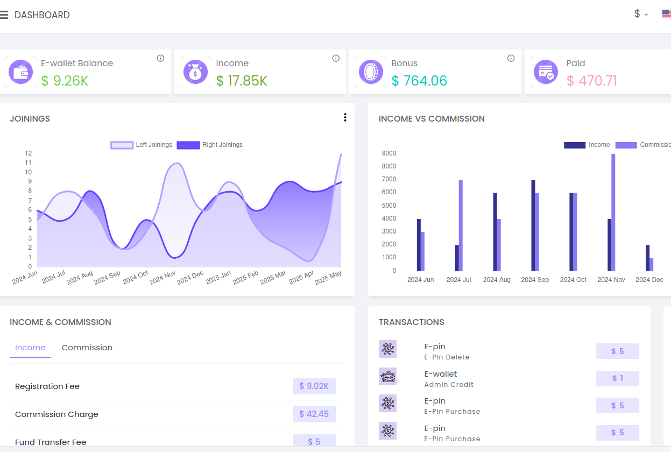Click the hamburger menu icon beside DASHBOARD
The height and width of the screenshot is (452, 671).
pyautogui.click(x=4, y=15)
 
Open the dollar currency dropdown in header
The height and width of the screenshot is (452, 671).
pyautogui.click(x=640, y=14)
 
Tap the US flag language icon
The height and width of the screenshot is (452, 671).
pyautogui.click(x=667, y=15)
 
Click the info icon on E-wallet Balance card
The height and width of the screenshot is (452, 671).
pyautogui.click(x=160, y=58)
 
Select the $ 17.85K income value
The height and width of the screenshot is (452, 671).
pyautogui.click(x=242, y=81)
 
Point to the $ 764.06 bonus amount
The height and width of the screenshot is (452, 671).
pyautogui.click(x=419, y=81)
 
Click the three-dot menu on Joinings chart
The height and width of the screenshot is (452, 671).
pyautogui.click(x=345, y=118)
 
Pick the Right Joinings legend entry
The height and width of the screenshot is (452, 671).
pyautogui.click(x=210, y=145)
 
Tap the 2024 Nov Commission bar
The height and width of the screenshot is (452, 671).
pyautogui.click(x=613, y=212)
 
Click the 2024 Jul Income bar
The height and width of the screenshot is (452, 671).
pyautogui.click(x=457, y=258)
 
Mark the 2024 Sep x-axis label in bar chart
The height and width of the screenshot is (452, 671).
pyautogui.click(x=535, y=280)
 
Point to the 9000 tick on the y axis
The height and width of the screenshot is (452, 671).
pyautogui.click(x=389, y=153)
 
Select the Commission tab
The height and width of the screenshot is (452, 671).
pyautogui.click(x=87, y=348)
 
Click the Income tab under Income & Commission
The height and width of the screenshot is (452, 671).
pyautogui.click(x=30, y=348)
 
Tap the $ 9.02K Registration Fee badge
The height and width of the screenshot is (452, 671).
pyautogui.click(x=314, y=386)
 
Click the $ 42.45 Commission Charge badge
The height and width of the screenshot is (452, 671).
pyautogui.click(x=314, y=414)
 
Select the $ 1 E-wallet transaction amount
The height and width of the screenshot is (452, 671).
pyautogui.click(x=617, y=378)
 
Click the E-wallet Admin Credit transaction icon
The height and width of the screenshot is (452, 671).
pyautogui.click(x=387, y=377)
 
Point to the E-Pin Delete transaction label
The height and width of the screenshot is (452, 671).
pyautogui.click(x=447, y=357)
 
